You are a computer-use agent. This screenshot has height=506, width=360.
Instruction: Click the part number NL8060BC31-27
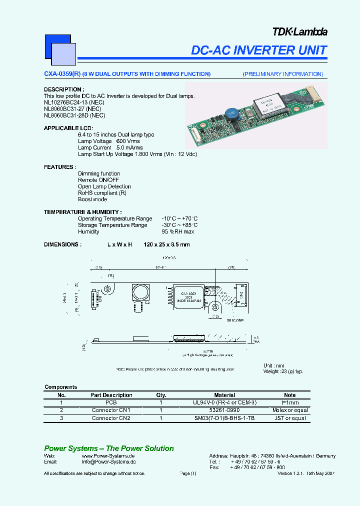(x=64, y=108)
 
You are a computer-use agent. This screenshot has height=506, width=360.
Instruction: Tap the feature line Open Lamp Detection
(x=104, y=186)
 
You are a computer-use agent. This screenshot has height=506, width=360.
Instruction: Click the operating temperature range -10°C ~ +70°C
(x=179, y=218)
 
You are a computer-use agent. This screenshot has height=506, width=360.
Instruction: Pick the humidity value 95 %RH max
(x=177, y=231)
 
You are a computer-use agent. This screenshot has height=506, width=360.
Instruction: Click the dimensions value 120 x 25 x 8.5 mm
(x=166, y=244)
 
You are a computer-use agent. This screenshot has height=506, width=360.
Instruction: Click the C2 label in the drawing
(x=147, y=303)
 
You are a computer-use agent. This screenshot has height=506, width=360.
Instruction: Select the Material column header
(x=224, y=395)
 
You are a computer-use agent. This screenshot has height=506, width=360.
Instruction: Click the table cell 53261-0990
(x=224, y=410)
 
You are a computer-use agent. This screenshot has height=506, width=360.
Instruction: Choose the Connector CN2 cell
(x=111, y=418)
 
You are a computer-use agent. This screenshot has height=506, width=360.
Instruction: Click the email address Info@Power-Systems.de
(x=108, y=462)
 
